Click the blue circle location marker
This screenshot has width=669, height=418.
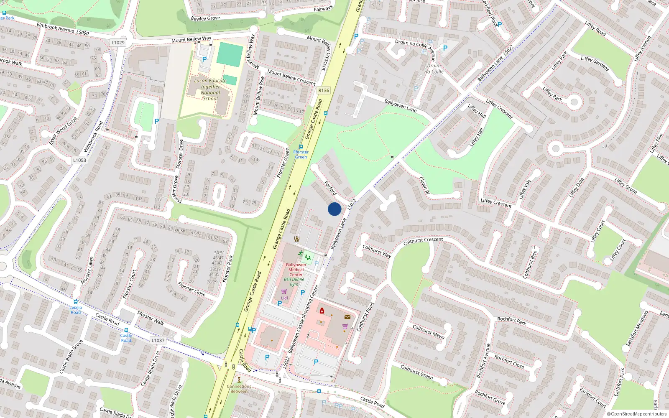[334, 209]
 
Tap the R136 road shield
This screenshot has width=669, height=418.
[324, 90]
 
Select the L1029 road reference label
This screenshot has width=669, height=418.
[118, 43]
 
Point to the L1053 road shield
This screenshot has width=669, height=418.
[79, 160]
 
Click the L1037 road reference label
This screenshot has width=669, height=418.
[158, 340]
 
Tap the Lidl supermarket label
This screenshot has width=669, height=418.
[284, 298]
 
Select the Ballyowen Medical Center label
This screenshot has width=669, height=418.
[296, 270]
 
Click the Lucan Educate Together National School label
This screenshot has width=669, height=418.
[210, 89]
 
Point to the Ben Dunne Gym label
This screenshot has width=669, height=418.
[294, 282]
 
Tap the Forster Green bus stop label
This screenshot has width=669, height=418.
[301, 154]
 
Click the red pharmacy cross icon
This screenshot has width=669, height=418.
[322, 311]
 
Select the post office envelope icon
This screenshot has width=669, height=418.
[347, 317]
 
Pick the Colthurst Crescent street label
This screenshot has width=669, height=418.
[423, 241]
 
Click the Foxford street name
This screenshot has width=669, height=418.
[330, 188]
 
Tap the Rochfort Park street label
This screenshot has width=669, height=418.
[511, 321]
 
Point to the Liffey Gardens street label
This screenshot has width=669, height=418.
[595, 63]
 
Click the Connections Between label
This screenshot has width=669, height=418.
[239, 389]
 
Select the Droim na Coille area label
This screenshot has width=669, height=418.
[434, 69]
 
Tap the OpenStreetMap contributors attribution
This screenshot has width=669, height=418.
[637, 414]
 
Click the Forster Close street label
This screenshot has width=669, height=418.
[192, 289]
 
